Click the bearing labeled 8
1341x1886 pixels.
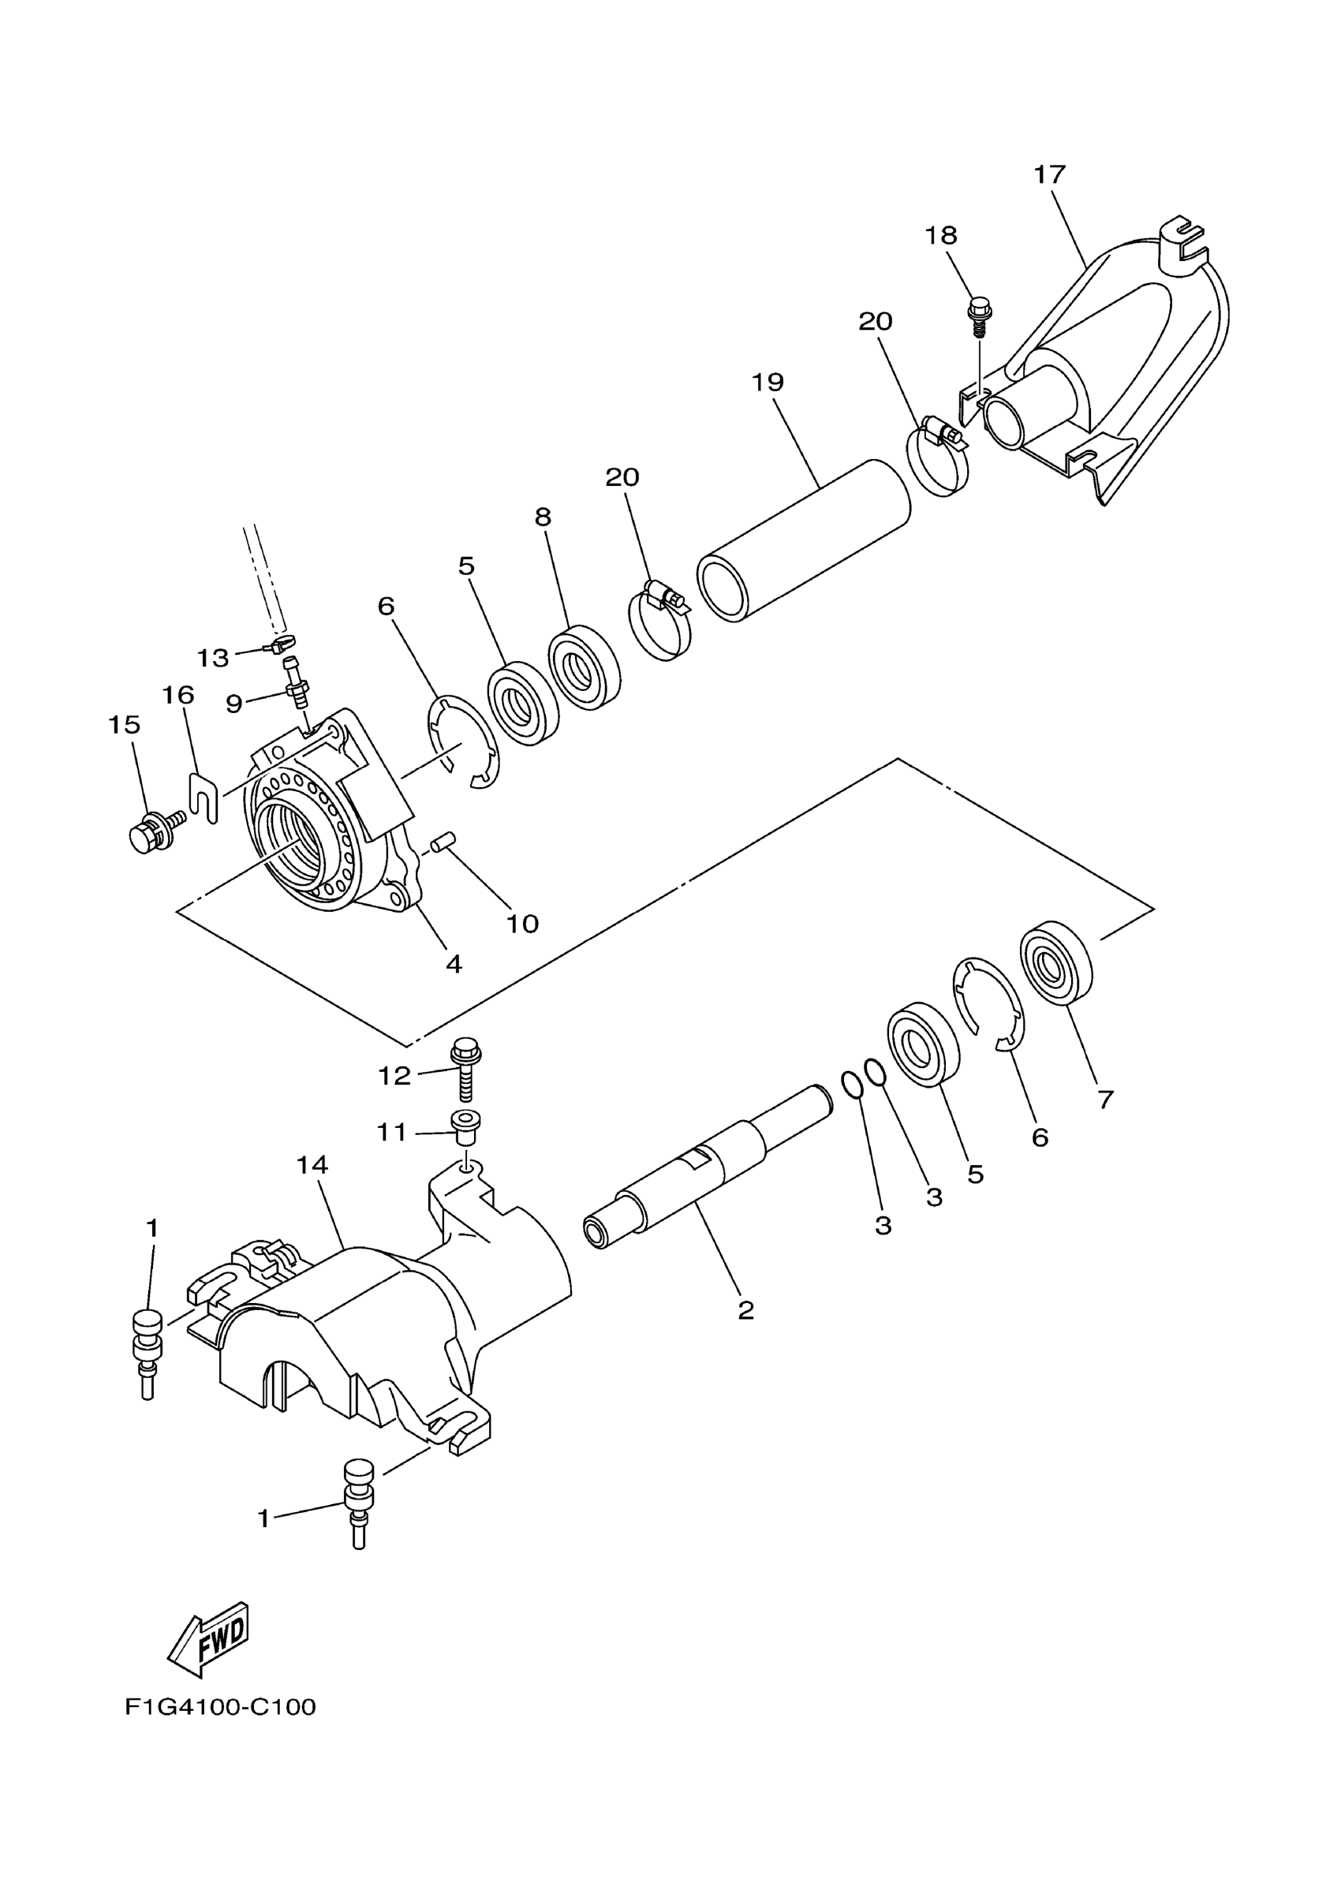pyautogui.click(x=584, y=667)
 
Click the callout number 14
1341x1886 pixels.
pyautogui.click(x=312, y=1165)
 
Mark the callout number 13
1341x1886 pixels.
pyautogui.click(x=212, y=658)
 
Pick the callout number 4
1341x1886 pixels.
pyautogui.click(x=454, y=963)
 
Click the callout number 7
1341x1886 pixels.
pyautogui.click(x=1106, y=1099)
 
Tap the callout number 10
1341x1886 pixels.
pyautogui.click(x=522, y=923)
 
